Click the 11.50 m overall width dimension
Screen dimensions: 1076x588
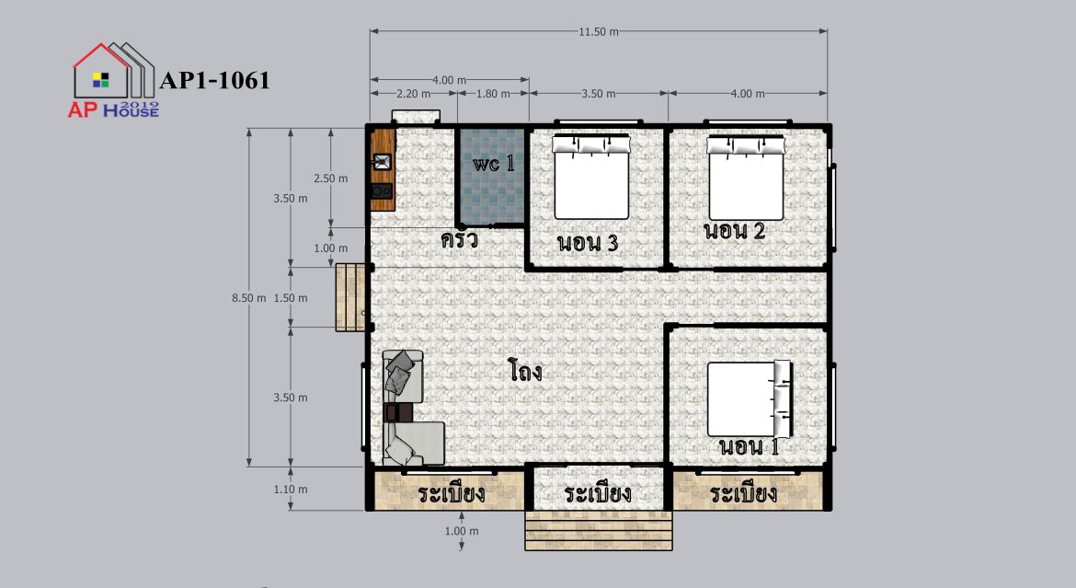click(599, 31)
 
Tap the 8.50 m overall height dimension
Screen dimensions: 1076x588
click(248, 298)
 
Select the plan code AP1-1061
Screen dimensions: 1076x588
click(215, 80)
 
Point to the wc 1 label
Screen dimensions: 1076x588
click(493, 164)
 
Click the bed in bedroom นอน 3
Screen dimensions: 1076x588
click(591, 177)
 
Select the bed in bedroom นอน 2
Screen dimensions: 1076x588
click(746, 178)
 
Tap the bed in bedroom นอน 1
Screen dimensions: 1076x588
click(750, 399)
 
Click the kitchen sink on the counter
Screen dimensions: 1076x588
click(382, 163)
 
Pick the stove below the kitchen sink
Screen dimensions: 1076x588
click(382, 191)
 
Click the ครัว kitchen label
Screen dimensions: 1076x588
click(459, 240)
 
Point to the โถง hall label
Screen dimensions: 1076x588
click(526, 371)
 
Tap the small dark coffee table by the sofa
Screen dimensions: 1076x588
click(399, 412)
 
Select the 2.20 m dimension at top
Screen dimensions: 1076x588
click(413, 94)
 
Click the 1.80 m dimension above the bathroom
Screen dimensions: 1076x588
click(493, 94)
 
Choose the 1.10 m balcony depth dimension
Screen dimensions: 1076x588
click(291, 490)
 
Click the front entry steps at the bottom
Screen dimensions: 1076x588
click(599, 530)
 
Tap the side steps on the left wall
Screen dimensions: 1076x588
click(350, 297)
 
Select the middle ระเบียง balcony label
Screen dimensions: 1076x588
click(598, 493)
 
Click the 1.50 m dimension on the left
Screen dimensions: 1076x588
click(291, 298)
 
